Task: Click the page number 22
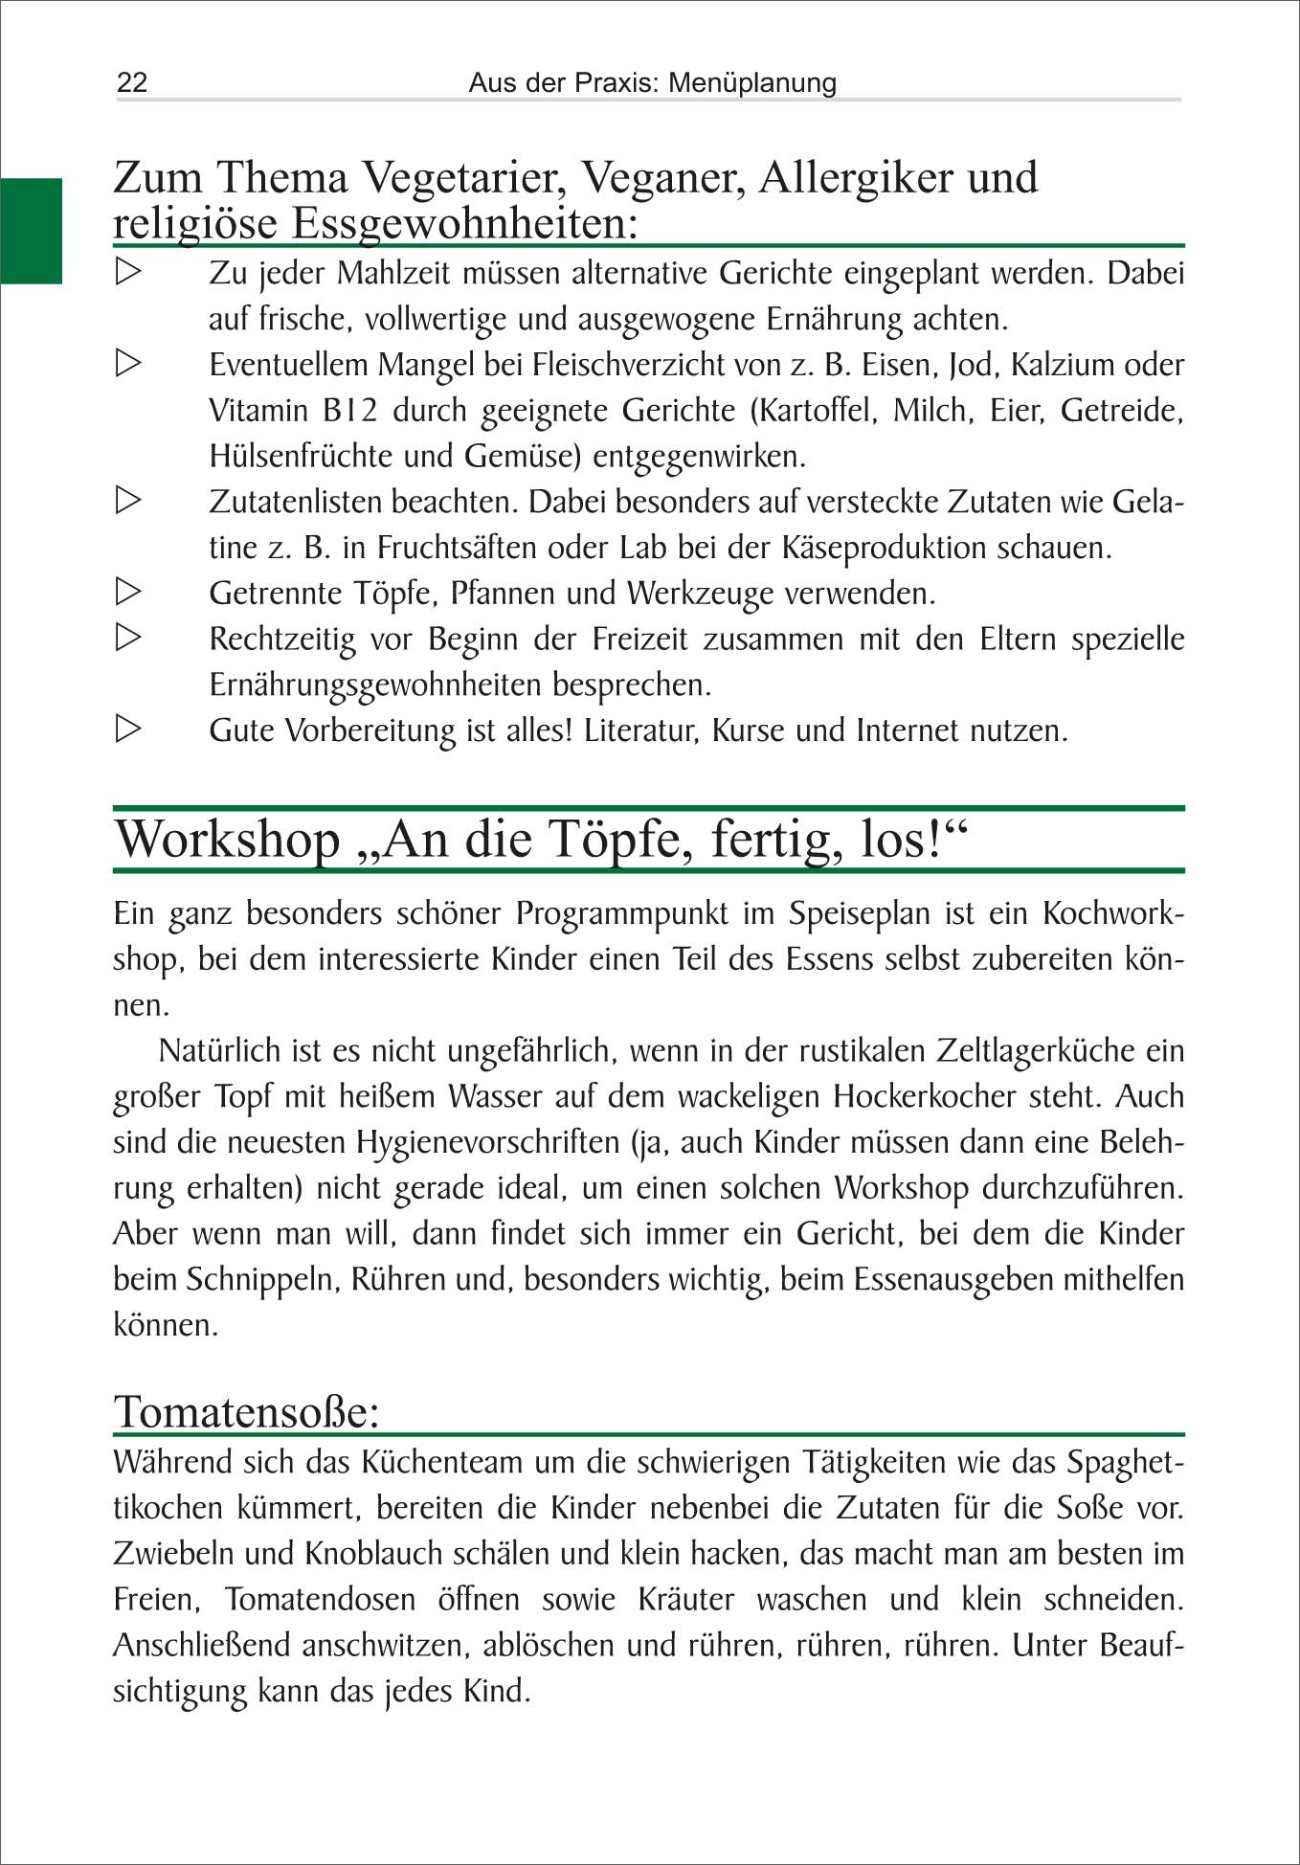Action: (x=132, y=82)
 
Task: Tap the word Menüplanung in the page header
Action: (x=752, y=82)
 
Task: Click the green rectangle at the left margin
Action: (x=31, y=231)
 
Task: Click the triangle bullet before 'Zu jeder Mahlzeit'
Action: (x=128, y=272)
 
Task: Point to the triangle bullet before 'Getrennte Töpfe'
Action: (x=128, y=592)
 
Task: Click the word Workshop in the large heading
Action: (x=228, y=840)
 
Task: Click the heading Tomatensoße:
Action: (x=247, y=1412)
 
